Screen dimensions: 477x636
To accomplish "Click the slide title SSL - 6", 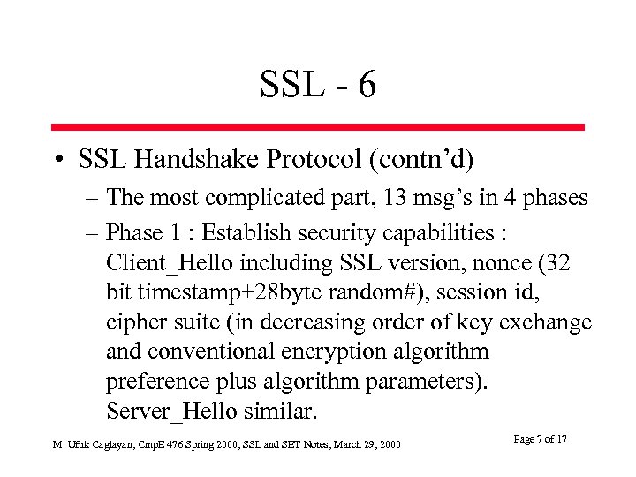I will pyautogui.click(x=318, y=85).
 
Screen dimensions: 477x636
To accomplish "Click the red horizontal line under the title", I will pyautogui.click(x=318, y=127).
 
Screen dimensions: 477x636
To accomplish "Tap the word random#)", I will pyautogui.click(x=351, y=292).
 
